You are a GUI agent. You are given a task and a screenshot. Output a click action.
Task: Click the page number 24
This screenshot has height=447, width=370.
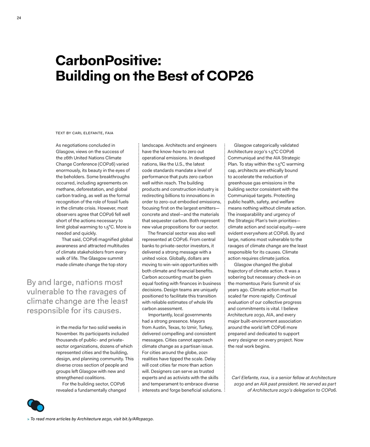tap(19, 18)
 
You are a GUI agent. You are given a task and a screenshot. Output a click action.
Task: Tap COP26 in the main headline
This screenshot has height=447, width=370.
tap(230, 76)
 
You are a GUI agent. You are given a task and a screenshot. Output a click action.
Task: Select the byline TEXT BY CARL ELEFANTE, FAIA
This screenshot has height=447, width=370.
tap(84, 133)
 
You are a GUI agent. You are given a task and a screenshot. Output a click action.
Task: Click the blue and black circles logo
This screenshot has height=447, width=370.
tap(36, 405)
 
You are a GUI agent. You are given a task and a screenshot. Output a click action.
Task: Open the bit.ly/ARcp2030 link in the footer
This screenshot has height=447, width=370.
tap(138, 419)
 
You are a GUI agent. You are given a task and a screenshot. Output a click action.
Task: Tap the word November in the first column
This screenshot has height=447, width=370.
tap(67, 334)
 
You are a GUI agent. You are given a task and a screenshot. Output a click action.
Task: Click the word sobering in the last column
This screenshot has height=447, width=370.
tap(237, 277)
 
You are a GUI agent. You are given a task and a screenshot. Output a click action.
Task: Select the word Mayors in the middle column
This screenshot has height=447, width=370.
tap(197, 321)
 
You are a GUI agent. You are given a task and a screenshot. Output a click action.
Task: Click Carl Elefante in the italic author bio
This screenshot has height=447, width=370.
tap(245, 378)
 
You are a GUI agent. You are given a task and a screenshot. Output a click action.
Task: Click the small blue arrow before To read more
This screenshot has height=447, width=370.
tap(28, 419)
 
